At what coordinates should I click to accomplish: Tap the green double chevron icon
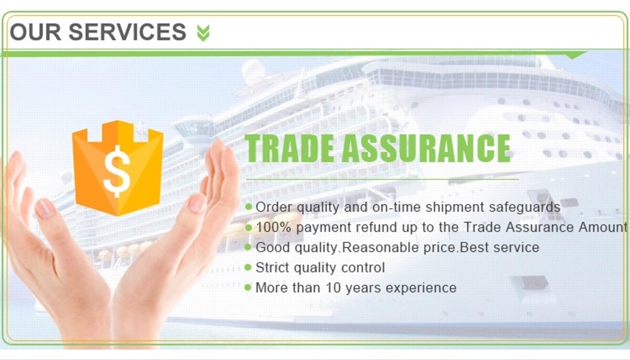point(203,32)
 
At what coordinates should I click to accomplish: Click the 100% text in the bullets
point(273,227)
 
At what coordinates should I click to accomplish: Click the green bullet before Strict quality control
point(248,267)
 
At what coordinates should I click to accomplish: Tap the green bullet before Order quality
point(248,207)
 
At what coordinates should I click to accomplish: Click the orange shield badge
point(118,167)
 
